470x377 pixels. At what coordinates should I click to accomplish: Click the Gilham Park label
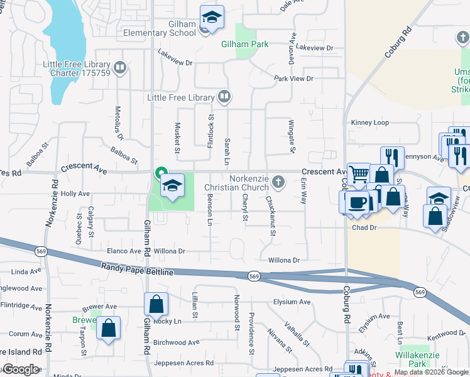tap(245, 45)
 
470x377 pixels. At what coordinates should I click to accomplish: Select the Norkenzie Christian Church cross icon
tap(278, 182)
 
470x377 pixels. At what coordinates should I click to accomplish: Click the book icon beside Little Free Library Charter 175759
tap(119, 66)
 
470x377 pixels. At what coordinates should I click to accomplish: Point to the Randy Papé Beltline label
tap(136, 268)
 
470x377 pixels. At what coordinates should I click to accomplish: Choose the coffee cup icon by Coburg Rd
tap(357, 203)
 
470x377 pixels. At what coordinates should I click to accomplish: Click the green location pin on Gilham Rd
tap(161, 172)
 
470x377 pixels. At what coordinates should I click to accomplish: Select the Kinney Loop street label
tap(371, 123)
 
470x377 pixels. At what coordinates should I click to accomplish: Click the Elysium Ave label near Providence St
tap(292, 302)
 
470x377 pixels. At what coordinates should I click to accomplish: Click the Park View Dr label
tap(293, 79)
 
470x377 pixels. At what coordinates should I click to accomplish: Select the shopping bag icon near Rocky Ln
tap(156, 305)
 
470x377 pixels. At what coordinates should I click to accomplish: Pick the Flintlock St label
tap(210, 128)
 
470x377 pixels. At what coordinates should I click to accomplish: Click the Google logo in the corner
tap(20, 369)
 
